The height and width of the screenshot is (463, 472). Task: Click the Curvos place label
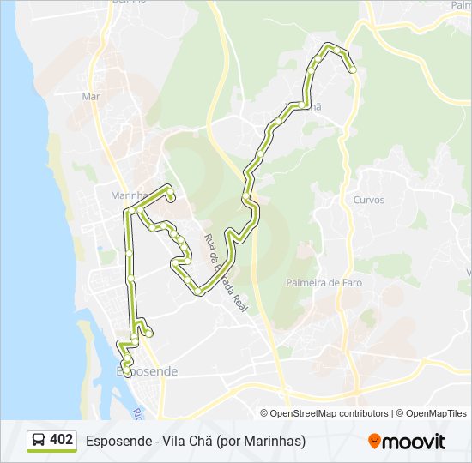pyautogui.click(x=368, y=200)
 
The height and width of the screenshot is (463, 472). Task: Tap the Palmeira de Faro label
pyautogui.click(x=324, y=282)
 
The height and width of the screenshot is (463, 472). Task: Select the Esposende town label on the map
pyautogui.click(x=146, y=371)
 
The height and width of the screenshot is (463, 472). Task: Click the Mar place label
pyautogui.click(x=91, y=97)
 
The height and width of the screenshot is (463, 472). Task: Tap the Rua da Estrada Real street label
pyautogui.click(x=225, y=272)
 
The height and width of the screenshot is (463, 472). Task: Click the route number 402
pyautogui.click(x=61, y=440)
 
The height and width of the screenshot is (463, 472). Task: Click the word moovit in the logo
pyautogui.click(x=414, y=442)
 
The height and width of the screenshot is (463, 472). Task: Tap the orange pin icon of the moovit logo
pyautogui.click(x=374, y=441)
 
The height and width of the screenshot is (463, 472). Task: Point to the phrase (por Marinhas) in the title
pyautogui.click(x=261, y=441)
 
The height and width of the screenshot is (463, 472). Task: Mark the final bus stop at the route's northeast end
pyautogui.click(x=353, y=71)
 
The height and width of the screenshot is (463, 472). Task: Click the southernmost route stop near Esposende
pyautogui.click(x=127, y=372)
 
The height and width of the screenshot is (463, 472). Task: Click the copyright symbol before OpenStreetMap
pyautogui.click(x=264, y=413)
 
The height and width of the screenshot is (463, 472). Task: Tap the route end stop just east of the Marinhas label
pyautogui.click(x=171, y=198)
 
